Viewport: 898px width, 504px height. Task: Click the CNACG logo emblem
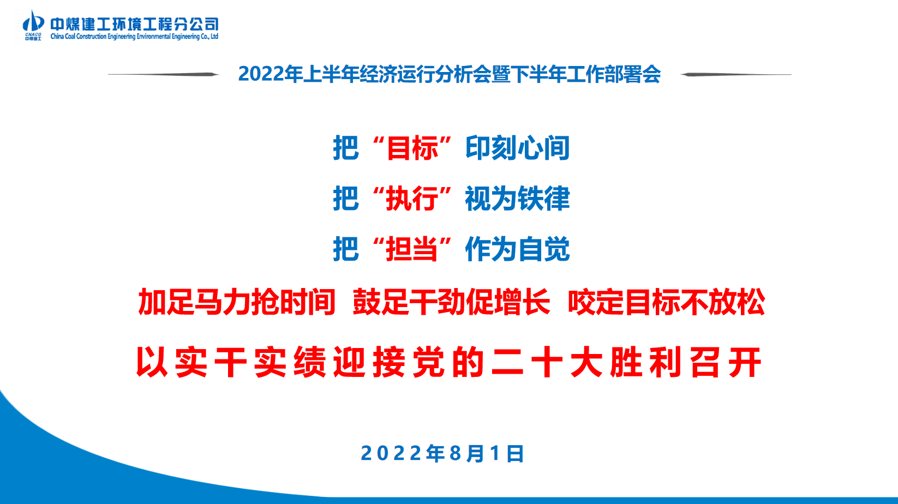click(33, 25)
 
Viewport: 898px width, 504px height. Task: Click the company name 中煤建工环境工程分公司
click(134, 24)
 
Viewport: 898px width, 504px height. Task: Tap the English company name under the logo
click(134, 37)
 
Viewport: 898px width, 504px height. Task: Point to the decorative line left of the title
click(164, 74)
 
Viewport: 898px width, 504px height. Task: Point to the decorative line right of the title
click(736, 74)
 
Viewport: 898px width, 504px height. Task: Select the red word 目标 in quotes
click(412, 148)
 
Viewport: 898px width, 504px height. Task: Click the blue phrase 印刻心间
click(518, 148)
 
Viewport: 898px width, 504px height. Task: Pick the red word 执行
click(412, 199)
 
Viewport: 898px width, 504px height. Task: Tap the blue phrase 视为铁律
click(518, 199)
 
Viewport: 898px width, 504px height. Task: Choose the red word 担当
click(412, 249)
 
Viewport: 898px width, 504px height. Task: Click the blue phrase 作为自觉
click(518, 249)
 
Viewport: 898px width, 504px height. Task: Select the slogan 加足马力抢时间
click(237, 302)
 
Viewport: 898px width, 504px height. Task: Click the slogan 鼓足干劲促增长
click(451, 302)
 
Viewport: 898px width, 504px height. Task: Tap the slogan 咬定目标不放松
click(666, 302)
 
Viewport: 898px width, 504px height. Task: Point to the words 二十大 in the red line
click(547, 363)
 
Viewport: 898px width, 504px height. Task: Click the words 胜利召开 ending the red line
click(686, 363)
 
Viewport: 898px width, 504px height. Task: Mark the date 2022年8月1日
click(442, 453)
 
